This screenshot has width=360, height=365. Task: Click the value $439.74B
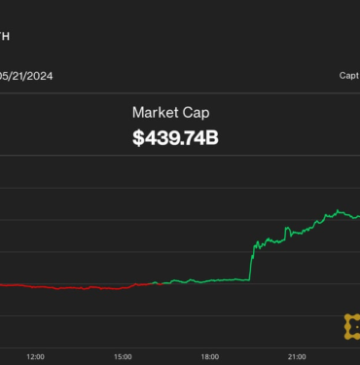(x=175, y=139)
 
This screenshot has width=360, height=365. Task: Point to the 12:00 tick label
(x=35, y=356)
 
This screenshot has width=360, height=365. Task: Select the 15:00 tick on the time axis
(x=123, y=356)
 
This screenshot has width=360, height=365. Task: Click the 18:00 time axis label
(x=210, y=356)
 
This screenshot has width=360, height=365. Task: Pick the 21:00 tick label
(x=298, y=356)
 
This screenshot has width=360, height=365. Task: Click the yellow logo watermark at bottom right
(x=351, y=326)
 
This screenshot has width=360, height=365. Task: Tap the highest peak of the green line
(x=337, y=209)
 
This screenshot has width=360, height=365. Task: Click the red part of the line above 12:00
(x=35, y=286)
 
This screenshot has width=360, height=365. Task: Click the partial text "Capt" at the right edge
(x=349, y=75)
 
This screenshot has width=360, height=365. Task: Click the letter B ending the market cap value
(x=212, y=139)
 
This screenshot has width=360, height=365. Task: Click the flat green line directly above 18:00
(x=210, y=281)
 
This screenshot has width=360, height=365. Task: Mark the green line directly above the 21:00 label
(x=298, y=231)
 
